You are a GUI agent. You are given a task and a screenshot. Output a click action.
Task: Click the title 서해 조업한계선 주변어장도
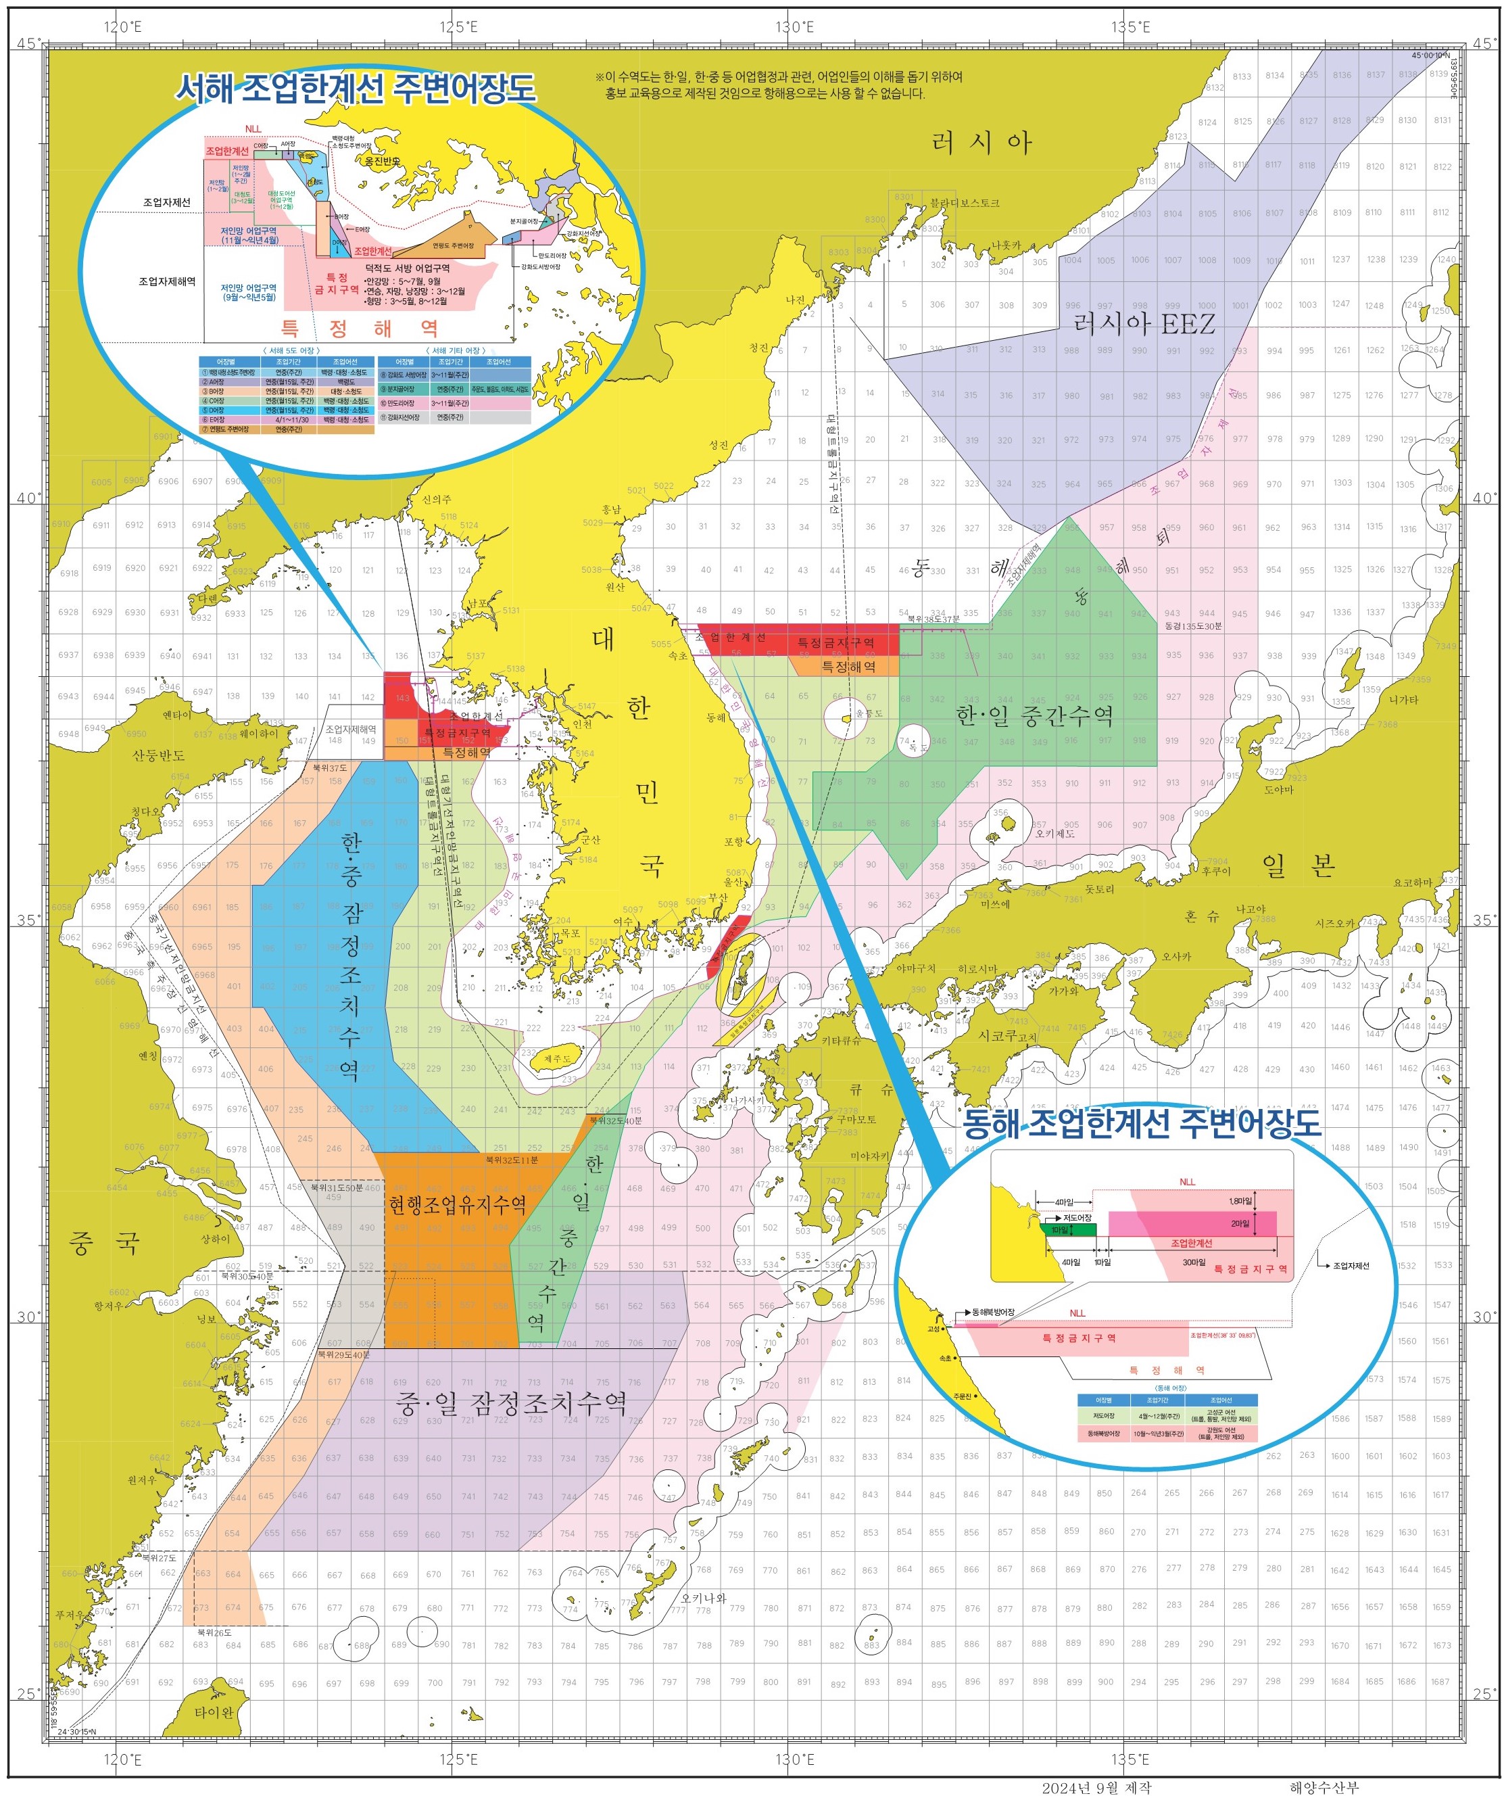click(x=356, y=88)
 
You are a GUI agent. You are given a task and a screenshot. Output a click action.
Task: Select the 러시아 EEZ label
click(x=1144, y=324)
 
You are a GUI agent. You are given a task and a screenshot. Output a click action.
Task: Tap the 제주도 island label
click(x=557, y=1059)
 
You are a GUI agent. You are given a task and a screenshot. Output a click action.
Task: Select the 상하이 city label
click(x=216, y=1239)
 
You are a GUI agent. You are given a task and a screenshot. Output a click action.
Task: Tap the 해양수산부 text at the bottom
click(x=1324, y=1788)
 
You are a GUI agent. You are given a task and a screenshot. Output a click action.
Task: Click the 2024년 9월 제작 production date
click(x=1096, y=1788)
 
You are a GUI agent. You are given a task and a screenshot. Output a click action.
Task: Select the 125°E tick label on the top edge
click(x=459, y=26)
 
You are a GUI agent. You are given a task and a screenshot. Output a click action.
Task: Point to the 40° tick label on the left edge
click(x=26, y=498)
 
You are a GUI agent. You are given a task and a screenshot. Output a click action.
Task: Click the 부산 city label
click(x=717, y=897)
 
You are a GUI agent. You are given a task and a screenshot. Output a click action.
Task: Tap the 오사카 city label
click(x=1176, y=956)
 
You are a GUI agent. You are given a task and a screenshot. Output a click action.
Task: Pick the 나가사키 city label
click(x=746, y=1100)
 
